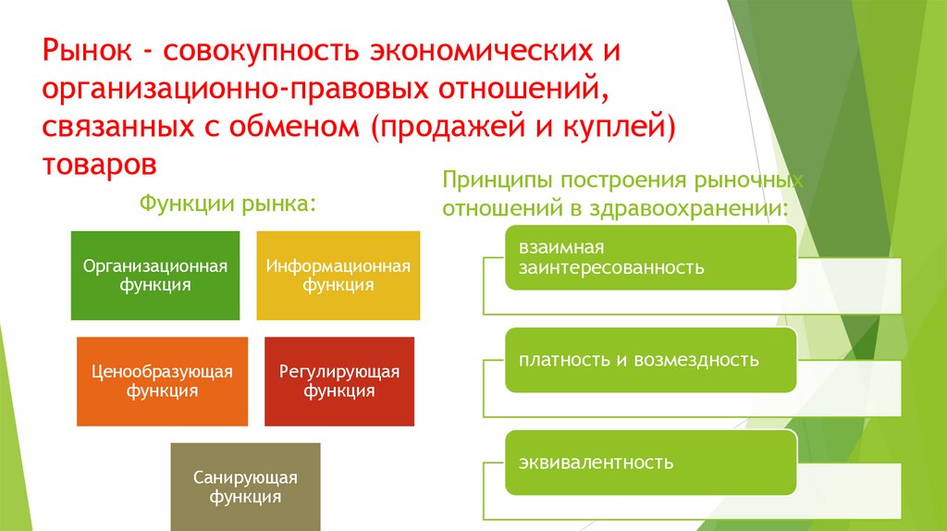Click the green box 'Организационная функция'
tap(154, 275)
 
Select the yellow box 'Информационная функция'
tap(338, 275)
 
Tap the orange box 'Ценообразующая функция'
tap(162, 380)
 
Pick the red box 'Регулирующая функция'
tap(339, 380)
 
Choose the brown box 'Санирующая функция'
tap(245, 487)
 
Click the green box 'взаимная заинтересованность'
tap(649, 258)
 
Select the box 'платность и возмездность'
tap(649, 360)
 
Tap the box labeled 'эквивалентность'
tap(649, 462)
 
